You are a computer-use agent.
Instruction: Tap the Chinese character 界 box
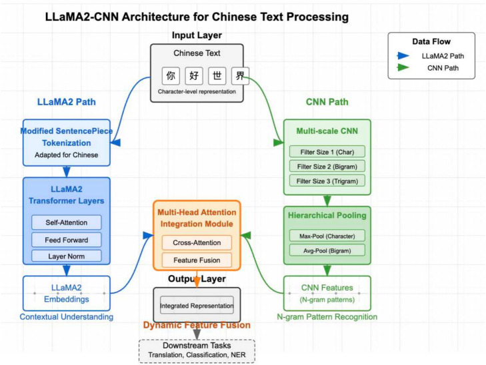[x=241, y=77]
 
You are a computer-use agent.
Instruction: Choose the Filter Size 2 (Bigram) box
[x=327, y=165]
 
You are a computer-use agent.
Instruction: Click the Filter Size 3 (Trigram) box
[x=327, y=181]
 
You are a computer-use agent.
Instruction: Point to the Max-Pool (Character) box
[x=327, y=235]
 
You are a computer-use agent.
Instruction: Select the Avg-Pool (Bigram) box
[x=327, y=251]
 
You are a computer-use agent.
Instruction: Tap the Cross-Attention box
[x=197, y=242]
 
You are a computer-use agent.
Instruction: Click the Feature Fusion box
[x=197, y=260]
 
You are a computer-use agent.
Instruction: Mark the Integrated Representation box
[x=197, y=306]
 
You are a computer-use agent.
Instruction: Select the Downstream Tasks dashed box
[x=197, y=350]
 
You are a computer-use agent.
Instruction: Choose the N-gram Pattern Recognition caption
[x=327, y=317]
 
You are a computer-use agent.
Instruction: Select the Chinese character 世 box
[x=218, y=77]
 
